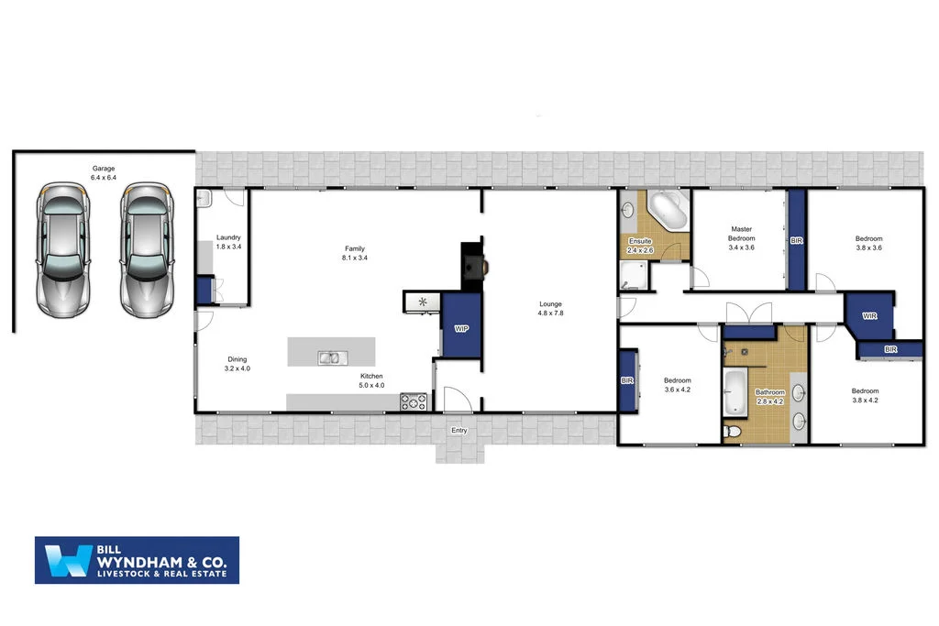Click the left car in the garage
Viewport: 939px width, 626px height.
pos(61,247)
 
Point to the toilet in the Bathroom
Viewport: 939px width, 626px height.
pos(733,430)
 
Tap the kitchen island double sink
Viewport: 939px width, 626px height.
pos(331,357)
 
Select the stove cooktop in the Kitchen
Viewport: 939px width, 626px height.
pos(414,401)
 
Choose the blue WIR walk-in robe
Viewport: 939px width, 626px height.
pos(867,316)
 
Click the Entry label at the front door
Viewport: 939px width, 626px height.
pos(458,430)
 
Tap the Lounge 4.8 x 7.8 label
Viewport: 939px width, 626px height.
pos(550,309)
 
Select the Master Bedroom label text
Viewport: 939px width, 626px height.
pos(742,233)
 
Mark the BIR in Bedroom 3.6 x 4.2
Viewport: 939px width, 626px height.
pos(628,380)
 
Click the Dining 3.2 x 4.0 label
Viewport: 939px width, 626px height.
pos(238,364)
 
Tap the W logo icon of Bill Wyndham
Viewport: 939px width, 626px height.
pos(65,560)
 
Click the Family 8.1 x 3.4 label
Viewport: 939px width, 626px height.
pos(355,253)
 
